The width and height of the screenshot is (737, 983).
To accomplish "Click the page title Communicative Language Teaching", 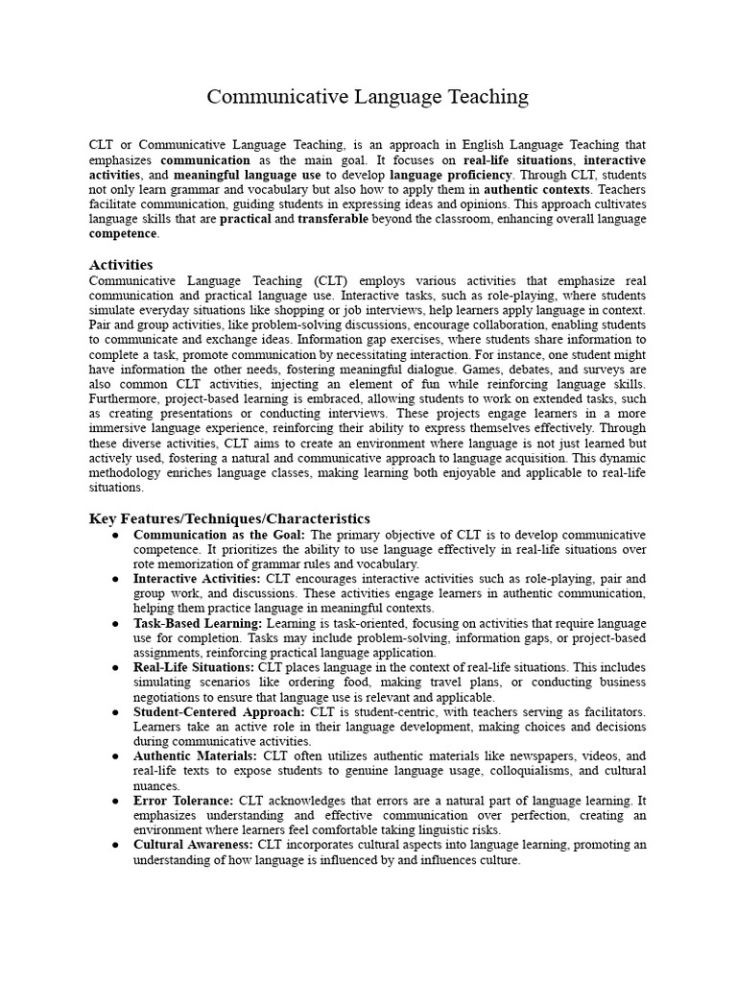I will pos(368,97).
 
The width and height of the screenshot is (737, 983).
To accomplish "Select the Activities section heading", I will pos(120,264).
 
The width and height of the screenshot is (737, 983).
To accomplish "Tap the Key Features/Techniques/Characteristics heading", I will pos(229,518).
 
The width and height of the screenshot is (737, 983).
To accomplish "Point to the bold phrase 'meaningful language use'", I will pos(247,175).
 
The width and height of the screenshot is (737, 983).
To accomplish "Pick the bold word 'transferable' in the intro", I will pos(332,219).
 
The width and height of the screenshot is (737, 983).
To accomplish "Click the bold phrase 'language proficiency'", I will pos(451,175).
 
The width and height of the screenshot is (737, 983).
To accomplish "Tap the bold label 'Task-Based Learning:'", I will pos(191,623).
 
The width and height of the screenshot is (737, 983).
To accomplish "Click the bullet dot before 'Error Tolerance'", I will pos(115,800).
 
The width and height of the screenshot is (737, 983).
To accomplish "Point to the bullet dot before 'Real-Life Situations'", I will pos(115,667).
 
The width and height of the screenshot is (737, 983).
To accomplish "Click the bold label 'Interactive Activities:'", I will pos(197,579).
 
